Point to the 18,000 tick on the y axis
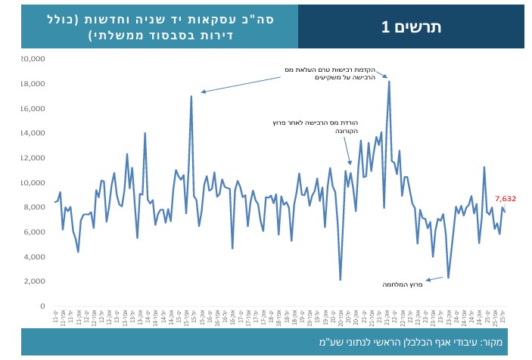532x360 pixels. coord(36,83)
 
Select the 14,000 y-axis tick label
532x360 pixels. coord(36,133)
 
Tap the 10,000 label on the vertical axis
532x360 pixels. coord(36,182)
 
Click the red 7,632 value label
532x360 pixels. coord(505,199)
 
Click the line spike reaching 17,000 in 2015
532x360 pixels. coord(191,96)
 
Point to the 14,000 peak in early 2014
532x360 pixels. coord(145,133)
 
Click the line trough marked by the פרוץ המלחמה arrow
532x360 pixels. coord(448,278)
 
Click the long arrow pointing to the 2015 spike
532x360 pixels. coord(242,82)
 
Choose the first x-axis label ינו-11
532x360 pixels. coord(56,315)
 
